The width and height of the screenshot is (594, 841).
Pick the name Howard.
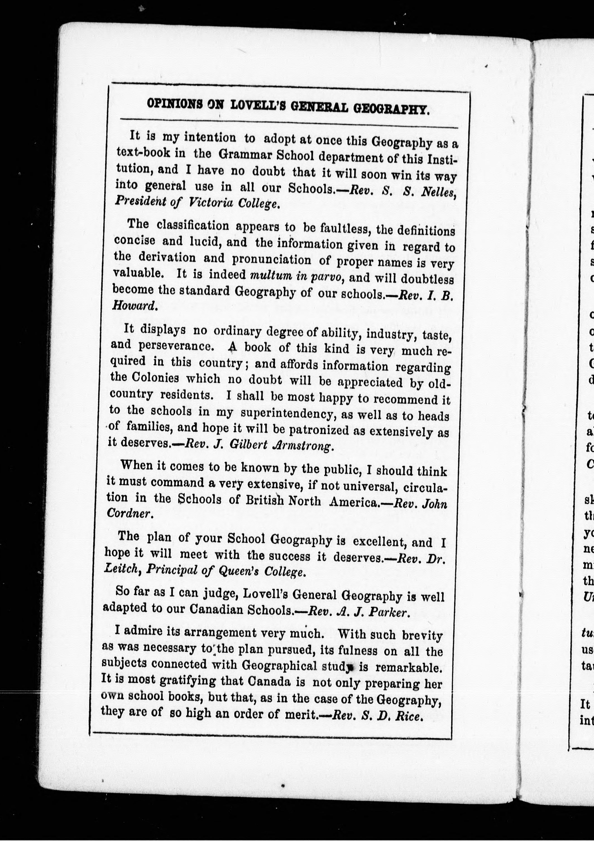coord(134,306)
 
